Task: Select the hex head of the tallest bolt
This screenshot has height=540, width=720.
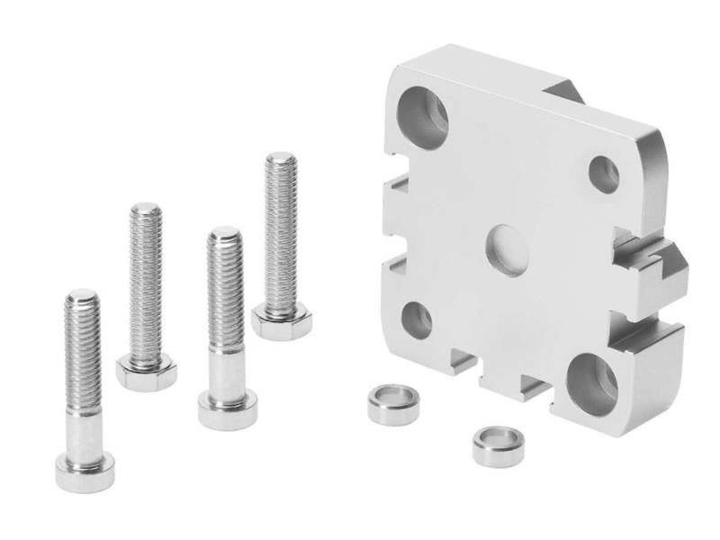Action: [x=281, y=322]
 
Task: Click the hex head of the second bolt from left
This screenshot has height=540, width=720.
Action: [x=146, y=372]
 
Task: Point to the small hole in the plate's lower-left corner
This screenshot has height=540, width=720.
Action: [x=416, y=319]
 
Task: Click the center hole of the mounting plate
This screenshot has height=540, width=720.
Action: [x=507, y=248]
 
